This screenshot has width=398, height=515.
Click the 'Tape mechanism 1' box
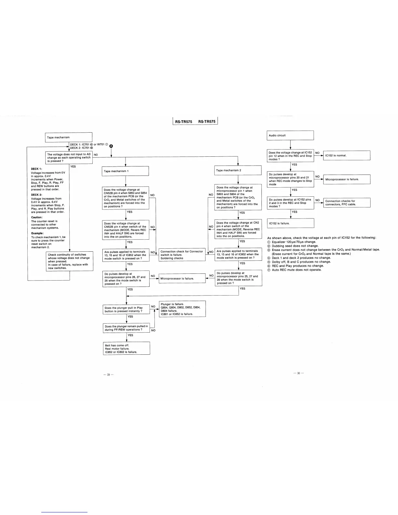[x=125, y=171]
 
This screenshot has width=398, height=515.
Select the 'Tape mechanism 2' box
[x=238, y=170]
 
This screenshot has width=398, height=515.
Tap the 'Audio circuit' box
[x=290, y=135]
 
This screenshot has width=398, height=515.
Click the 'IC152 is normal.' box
[x=347, y=155]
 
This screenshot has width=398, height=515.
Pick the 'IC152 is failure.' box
[x=290, y=223]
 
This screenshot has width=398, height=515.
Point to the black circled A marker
[x=111, y=146]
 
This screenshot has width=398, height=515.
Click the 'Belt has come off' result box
[x=126, y=348]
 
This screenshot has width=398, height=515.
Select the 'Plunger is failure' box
[x=182, y=309]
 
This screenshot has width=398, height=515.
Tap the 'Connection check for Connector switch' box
[x=182, y=255]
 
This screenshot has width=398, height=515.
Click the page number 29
[x=109, y=375]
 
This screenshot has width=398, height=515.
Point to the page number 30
[x=298, y=373]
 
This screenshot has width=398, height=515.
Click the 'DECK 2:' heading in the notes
[x=36, y=195]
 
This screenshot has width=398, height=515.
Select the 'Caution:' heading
[x=37, y=217]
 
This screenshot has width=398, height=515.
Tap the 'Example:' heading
[x=37, y=233]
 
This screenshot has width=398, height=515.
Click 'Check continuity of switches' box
[x=70, y=261]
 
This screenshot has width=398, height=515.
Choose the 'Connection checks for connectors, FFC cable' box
[x=347, y=203]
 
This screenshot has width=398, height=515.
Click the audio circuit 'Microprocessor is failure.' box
[x=347, y=179]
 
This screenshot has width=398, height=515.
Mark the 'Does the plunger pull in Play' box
[x=126, y=310]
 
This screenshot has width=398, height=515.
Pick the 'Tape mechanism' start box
[x=68, y=137]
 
